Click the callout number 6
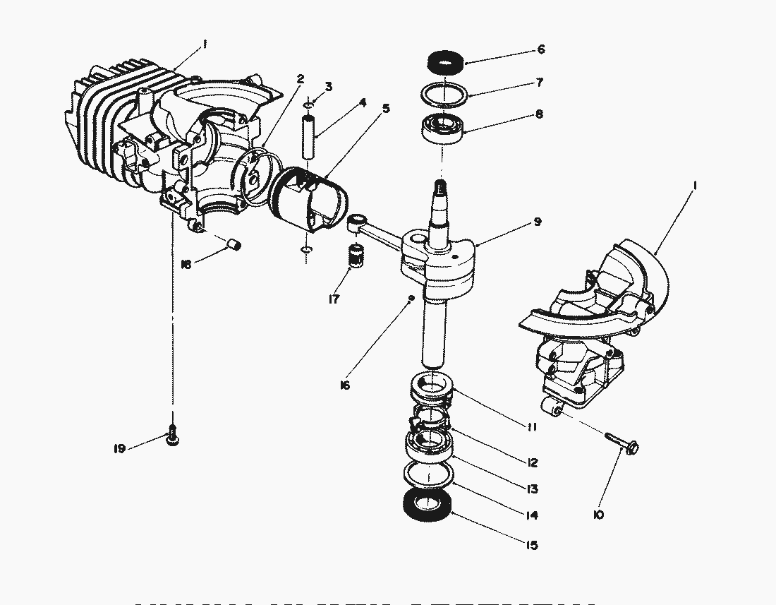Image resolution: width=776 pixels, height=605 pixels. point(541,49)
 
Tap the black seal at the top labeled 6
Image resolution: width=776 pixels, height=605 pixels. point(445,61)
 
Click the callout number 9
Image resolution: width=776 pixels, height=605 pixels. point(538,222)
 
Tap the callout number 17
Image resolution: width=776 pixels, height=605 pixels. point(334,299)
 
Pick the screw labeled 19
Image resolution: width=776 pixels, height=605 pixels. point(172,438)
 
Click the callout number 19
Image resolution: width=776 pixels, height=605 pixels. point(120,449)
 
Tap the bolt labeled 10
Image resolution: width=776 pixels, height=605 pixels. point(624,442)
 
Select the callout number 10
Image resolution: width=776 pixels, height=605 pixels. point(599,515)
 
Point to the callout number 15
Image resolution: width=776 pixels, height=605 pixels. point(531,545)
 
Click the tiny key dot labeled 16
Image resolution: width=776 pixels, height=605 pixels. point(409,300)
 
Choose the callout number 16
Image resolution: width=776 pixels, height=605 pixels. point(345,385)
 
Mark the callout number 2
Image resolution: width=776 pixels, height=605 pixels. point(301,79)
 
